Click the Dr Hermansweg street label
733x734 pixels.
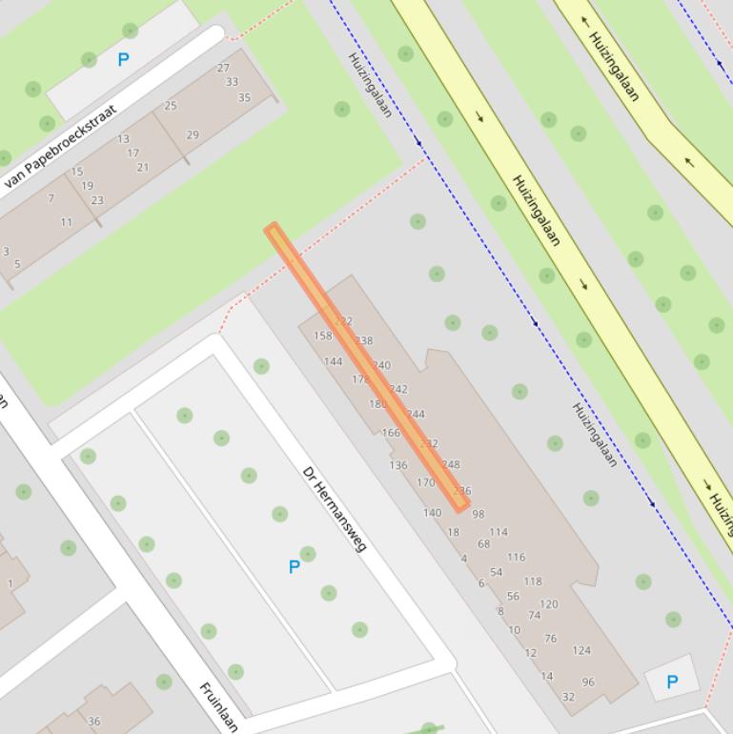(335, 508)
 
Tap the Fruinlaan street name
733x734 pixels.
(218, 706)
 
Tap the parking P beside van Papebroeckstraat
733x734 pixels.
(123, 60)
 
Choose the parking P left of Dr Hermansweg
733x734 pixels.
(295, 567)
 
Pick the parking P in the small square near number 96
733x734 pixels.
(672, 682)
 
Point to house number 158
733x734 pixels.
(323, 336)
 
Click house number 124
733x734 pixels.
(581, 651)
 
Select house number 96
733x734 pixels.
(588, 683)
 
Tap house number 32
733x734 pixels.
(568, 697)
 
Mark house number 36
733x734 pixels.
(93, 722)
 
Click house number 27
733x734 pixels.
(223, 68)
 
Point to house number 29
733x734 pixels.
(193, 135)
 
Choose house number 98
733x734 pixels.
(478, 514)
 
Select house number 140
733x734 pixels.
(432, 512)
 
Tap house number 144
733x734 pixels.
(333, 361)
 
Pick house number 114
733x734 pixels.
(499, 532)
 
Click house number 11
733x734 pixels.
(66, 222)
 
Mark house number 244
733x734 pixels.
(416, 414)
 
